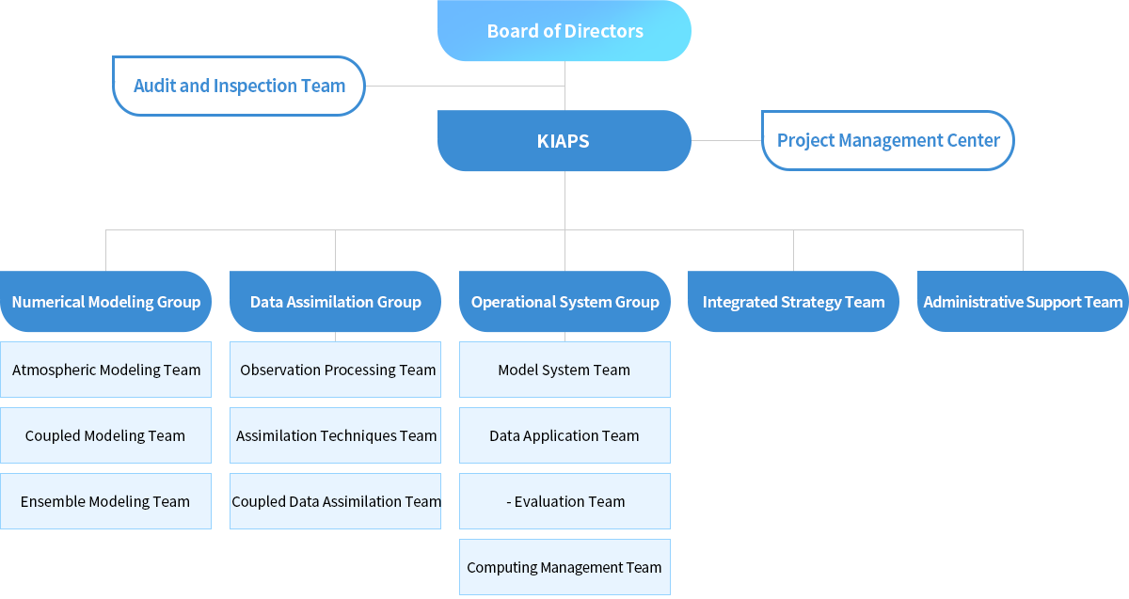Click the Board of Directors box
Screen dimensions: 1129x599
click(x=564, y=31)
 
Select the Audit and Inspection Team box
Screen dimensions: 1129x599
click(x=238, y=86)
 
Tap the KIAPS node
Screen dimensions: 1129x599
click(x=564, y=140)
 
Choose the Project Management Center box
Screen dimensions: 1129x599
click(x=887, y=140)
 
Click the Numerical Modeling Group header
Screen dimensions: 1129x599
click(x=105, y=301)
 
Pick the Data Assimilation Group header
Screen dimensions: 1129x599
click(x=335, y=301)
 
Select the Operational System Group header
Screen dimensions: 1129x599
click(x=564, y=301)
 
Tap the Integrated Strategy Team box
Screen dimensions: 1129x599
click(x=793, y=301)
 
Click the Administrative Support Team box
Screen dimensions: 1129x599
click(x=1023, y=301)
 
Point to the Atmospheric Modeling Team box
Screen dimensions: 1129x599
click(x=105, y=370)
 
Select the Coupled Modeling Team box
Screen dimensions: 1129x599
click(x=105, y=435)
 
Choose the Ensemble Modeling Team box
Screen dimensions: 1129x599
click(x=105, y=501)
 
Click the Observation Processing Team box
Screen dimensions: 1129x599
click(x=335, y=370)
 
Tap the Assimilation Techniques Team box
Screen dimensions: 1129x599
click(x=335, y=435)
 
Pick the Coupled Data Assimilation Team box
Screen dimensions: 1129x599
click(x=335, y=501)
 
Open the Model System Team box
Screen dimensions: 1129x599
click(x=564, y=370)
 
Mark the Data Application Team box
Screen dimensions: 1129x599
click(x=564, y=435)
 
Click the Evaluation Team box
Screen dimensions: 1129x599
click(x=564, y=501)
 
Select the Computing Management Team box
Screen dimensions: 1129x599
click(x=564, y=567)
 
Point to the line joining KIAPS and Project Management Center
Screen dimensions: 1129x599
click(x=726, y=140)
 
